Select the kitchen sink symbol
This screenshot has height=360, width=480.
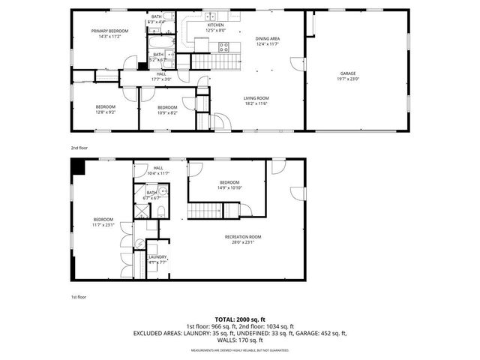point(211,16)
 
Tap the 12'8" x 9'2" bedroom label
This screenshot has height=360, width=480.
point(105,110)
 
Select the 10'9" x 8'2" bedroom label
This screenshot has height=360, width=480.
point(167,110)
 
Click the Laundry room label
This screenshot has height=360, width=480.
point(157,259)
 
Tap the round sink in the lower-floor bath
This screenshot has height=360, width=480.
point(163,192)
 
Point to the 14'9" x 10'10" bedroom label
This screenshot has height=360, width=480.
point(229,185)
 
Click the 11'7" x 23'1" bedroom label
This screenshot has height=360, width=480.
point(103,222)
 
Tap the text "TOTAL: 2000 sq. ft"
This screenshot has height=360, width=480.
point(240,319)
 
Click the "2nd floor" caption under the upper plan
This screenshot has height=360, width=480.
point(79,148)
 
